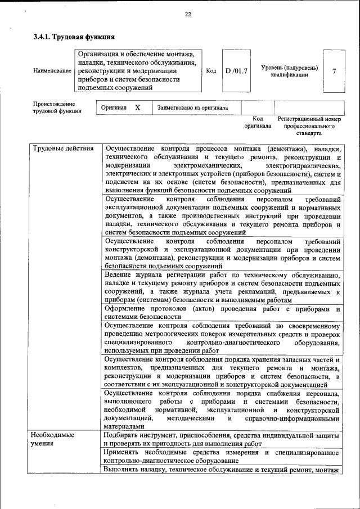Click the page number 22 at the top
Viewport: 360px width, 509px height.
coord(188,15)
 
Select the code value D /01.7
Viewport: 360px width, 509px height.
coord(236,71)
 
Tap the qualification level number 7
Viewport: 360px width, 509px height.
coord(334,71)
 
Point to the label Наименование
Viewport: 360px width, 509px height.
coord(52,71)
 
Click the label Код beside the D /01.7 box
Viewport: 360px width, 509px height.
coord(211,71)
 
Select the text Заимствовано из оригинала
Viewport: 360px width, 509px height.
coord(192,107)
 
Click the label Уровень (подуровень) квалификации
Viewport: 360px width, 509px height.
coord(289,71)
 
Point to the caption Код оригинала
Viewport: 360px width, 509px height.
coord(258,123)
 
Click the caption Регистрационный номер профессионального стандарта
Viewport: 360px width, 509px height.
coord(309,127)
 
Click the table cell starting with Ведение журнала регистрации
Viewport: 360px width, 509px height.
coord(222,287)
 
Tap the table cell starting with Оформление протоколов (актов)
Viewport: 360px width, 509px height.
coord(222,313)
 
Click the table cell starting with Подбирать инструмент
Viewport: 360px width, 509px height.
coord(222,439)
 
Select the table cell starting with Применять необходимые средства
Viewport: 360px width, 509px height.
coord(222,457)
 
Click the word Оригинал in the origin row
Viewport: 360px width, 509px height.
coord(113,107)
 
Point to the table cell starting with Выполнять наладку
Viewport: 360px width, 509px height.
coord(222,470)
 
